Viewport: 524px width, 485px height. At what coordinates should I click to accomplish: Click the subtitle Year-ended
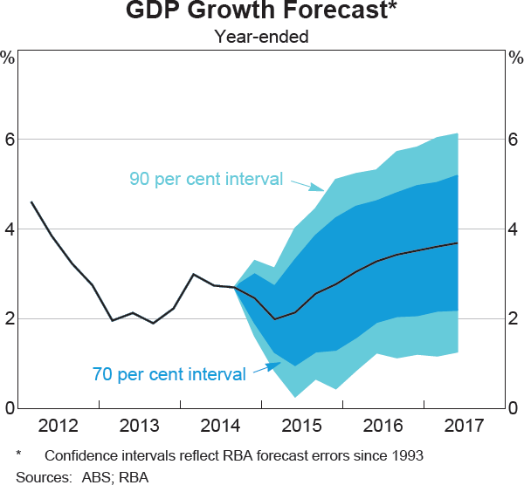coord(262,37)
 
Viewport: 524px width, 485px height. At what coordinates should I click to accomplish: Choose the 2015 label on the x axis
coord(301,426)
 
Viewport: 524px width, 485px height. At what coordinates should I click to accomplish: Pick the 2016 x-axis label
coord(382,426)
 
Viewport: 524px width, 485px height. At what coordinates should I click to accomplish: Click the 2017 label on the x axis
coord(462,426)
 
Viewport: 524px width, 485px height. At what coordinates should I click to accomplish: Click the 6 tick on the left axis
coord(9,140)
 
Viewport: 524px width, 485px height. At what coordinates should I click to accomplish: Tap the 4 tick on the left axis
coord(9,229)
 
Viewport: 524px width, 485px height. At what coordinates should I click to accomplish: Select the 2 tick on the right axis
coord(514,319)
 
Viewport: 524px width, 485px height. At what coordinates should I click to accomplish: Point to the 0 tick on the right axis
coord(514,408)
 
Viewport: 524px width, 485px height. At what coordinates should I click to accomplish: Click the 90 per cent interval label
coord(206,180)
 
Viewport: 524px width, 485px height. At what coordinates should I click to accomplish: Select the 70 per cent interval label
coord(169,375)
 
